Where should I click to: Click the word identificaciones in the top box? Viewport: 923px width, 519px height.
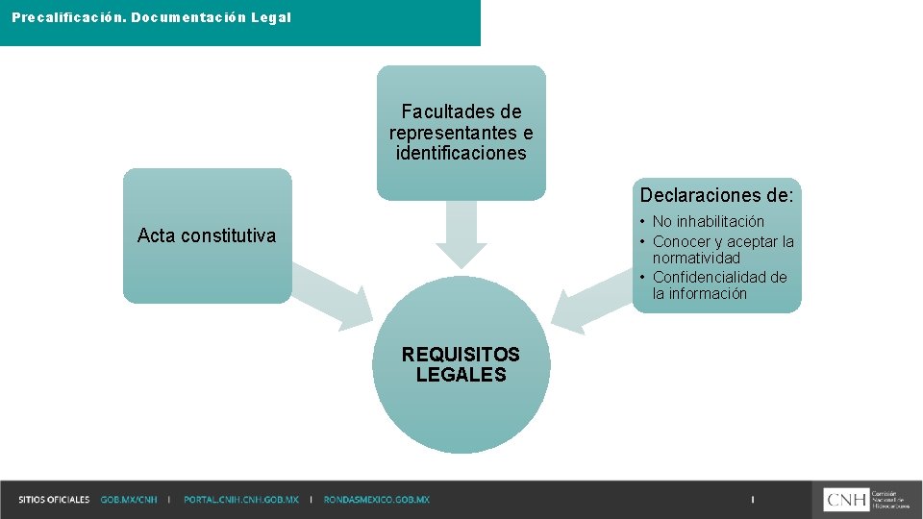tap(461, 153)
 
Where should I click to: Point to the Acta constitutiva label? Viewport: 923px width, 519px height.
tap(207, 235)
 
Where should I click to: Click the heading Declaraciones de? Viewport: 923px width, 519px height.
tap(717, 196)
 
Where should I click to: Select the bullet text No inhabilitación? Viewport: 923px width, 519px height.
tap(709, 222)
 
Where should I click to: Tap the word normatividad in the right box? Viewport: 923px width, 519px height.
tap(696, 259)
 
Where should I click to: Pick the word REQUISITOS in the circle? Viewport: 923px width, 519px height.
tap(461, 355)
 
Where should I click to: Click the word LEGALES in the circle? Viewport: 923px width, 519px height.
tap(461, 375)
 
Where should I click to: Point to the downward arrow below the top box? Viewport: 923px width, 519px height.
tap(461, 235)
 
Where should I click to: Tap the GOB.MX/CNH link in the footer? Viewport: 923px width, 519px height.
tap(128, 500)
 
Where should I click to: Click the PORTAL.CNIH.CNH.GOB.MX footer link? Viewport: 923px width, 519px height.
tap(241, 500)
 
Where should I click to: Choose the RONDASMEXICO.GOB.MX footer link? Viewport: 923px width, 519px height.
tap(377, 500)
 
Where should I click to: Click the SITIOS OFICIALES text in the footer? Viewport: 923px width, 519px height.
tap(54, 500)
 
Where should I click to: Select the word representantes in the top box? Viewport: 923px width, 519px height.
tap(461, 133)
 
